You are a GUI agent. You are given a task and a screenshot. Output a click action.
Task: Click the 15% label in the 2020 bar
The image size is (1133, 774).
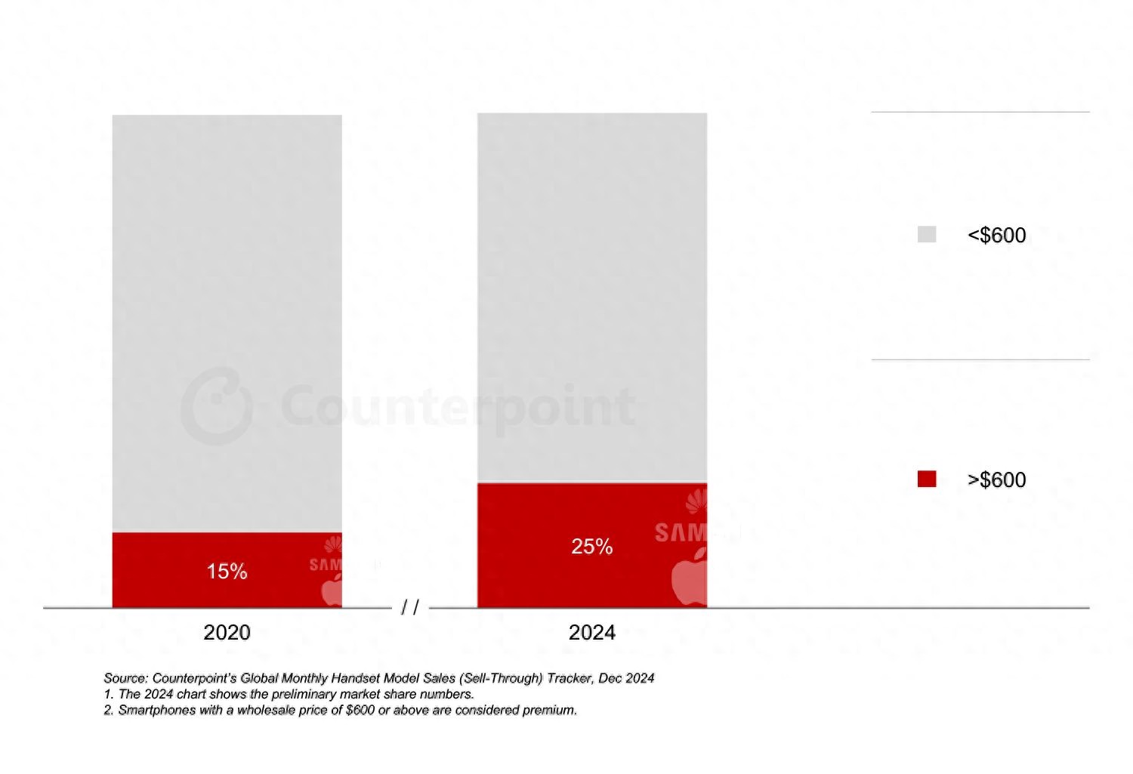[227, 572]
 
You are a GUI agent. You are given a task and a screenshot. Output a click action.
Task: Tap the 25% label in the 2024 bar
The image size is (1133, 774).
[591, 547]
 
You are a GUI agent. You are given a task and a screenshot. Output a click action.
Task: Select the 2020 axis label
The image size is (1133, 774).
[227, 633]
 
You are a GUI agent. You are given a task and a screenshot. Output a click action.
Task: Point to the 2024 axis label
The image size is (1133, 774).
[591, 633]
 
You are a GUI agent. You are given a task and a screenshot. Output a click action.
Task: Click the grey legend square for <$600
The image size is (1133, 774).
[927, 235]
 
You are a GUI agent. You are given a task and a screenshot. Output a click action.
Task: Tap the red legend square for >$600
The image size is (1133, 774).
[927, 480]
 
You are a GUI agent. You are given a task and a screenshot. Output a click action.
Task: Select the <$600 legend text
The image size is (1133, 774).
[996, 236]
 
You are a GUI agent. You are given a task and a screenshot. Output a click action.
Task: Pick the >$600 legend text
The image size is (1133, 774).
[996, 480]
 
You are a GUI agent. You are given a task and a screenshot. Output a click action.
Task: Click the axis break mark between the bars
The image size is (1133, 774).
[410, 607]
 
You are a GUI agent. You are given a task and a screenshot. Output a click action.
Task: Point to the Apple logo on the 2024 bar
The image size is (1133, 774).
[689, 577]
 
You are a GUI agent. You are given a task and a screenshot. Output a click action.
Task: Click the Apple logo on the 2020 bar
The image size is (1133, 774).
[332, 590]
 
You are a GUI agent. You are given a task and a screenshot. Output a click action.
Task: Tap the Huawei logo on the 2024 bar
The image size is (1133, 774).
[696, 501]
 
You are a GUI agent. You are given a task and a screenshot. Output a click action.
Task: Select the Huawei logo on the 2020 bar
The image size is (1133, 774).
[333, 544]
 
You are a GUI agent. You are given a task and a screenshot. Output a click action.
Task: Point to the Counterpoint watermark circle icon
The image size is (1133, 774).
[217, 406]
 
